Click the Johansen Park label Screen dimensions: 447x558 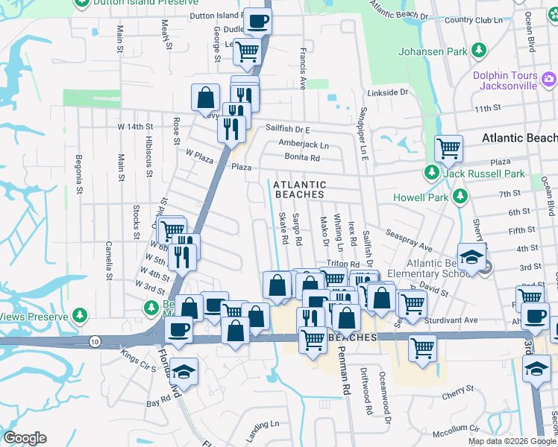tap(432, 51)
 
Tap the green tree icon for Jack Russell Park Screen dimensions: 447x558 tap(431, 173)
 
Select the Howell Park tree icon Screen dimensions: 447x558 tap(461, 197)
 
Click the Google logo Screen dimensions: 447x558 tap(25, 437)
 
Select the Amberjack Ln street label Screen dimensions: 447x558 tap(304, 144)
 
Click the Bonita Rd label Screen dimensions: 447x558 tap(302, 157)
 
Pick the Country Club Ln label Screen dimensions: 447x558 tap(474, 19)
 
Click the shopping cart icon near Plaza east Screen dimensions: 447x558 tap(448, 148)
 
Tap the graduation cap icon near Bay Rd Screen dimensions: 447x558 tap(183, 371)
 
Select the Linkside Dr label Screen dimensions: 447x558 tap(388, 93)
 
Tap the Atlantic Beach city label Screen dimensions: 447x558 tap(519, 138)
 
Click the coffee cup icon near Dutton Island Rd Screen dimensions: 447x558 tap(257, 22)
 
